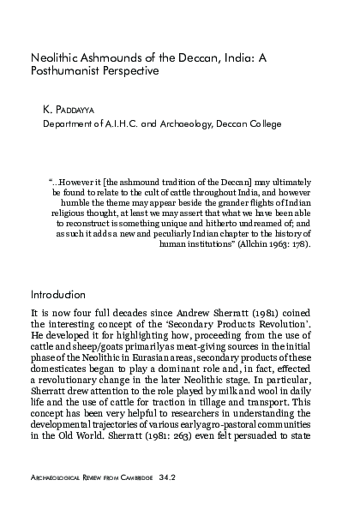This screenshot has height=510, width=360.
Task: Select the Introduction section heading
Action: coord(61,294)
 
